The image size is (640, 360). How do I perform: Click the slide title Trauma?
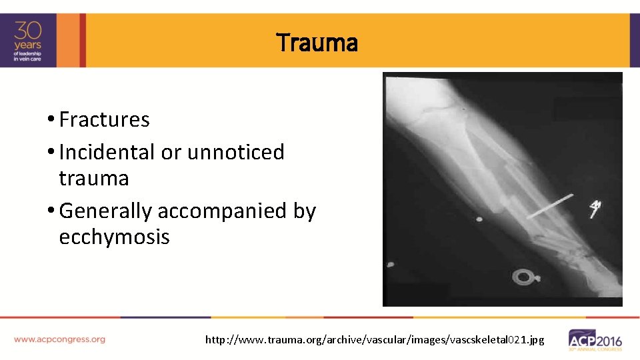[317, 43]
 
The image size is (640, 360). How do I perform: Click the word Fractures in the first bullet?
[104, 120]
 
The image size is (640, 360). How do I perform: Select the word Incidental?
[107, 152]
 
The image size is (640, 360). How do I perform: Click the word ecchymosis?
[114, 237]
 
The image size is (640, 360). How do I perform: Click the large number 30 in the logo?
[29, 31]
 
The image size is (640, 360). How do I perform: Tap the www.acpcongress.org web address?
[59, 339]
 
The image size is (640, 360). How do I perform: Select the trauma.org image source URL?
[375, 340]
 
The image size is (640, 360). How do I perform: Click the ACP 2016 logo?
[595, 339]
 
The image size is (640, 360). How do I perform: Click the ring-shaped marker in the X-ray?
[523, 276]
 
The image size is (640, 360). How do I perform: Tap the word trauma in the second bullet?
[94, 179]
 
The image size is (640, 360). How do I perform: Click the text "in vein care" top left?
[29, 59]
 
